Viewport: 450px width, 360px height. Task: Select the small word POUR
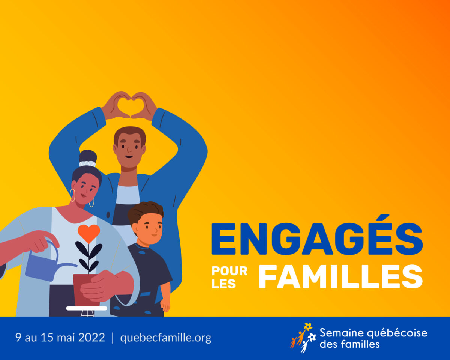click(229, 271)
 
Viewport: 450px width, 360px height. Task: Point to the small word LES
click(224, 284)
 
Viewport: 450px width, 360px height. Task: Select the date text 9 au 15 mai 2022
click(60, 337)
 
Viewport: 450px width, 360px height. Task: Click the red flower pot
click(86, 290)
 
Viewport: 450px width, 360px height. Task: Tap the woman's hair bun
click(88, 156)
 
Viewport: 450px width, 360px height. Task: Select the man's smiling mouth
click(129, 157)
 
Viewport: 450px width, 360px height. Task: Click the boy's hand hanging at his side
click(165, 306)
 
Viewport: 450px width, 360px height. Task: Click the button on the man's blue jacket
click(108, 214)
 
